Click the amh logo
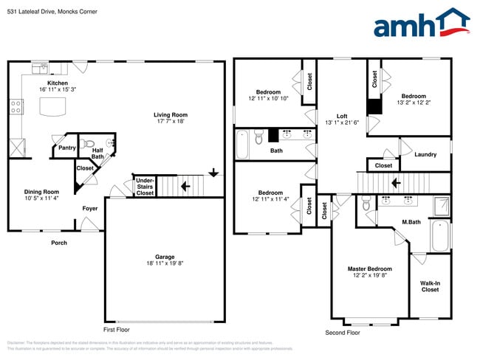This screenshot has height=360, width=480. [x=421, y=24]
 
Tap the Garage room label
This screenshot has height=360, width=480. [x=165, y=257]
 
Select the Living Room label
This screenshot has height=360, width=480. [x=171, y=114]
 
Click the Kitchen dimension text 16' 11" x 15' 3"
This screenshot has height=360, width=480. [x=58, y=90]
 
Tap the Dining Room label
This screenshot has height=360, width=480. [x=41, y=192]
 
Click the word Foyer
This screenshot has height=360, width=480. [x=89, y=208]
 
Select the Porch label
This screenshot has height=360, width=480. [x=58, y=243]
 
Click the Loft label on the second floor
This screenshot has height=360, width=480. [x=342, y=116]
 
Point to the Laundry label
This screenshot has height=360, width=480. [x=425, y=154]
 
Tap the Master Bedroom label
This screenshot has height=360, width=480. [x=369, y=269]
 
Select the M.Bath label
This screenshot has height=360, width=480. [x=411, y=222]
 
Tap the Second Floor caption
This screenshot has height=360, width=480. [x=343, y=333]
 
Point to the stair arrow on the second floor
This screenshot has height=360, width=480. [x=396, y=182]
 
